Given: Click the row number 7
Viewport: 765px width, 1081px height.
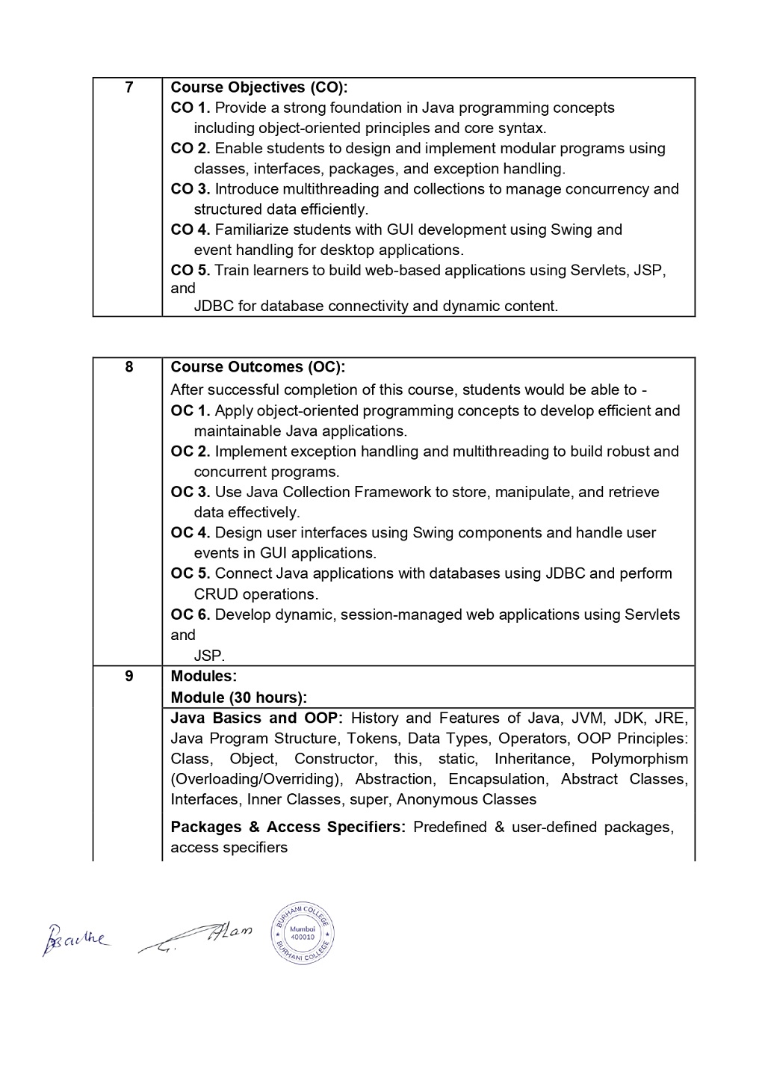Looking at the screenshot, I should (x=129, y=87).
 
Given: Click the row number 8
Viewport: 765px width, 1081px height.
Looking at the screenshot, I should (x=129, y=367).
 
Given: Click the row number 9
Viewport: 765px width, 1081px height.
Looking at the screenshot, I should (x=129, y=676).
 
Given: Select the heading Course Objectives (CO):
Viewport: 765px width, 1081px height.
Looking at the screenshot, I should (x=259, y=87).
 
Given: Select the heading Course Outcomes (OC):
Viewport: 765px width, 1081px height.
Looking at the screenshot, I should (x=258, y=367).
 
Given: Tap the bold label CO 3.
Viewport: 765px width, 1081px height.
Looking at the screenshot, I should (x=191, y=189).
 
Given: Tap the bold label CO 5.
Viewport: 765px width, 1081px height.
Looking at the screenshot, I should (x=191, y=270).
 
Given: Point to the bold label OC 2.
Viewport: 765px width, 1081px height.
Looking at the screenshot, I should (x=191, y=452).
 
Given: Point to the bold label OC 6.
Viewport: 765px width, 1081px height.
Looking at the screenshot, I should (x=191, y=615).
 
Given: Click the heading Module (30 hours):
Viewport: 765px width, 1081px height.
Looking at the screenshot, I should (x=239, y=697).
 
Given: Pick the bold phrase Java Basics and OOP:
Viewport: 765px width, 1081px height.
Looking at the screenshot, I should (x=256, y=718).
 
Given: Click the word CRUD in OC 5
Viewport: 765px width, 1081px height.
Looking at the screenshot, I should (x=216, y=594).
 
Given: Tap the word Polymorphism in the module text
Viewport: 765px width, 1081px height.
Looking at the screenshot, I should (x=639, y=759).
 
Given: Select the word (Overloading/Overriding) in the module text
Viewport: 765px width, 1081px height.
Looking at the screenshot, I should (x=257, y=779).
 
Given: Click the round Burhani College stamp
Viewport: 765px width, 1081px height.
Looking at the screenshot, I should (x=302, y=931).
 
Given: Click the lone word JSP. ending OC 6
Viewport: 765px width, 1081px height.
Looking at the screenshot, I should (x=209, y=656).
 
